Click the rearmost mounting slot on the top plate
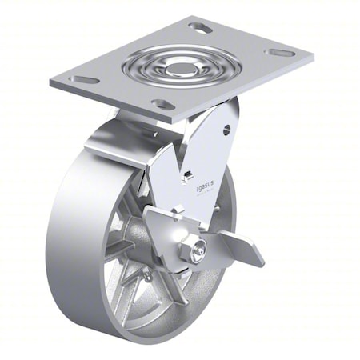point(202,30)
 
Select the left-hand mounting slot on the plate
point(84,80)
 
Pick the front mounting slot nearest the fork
point(163,105)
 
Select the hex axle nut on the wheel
point(193,251)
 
